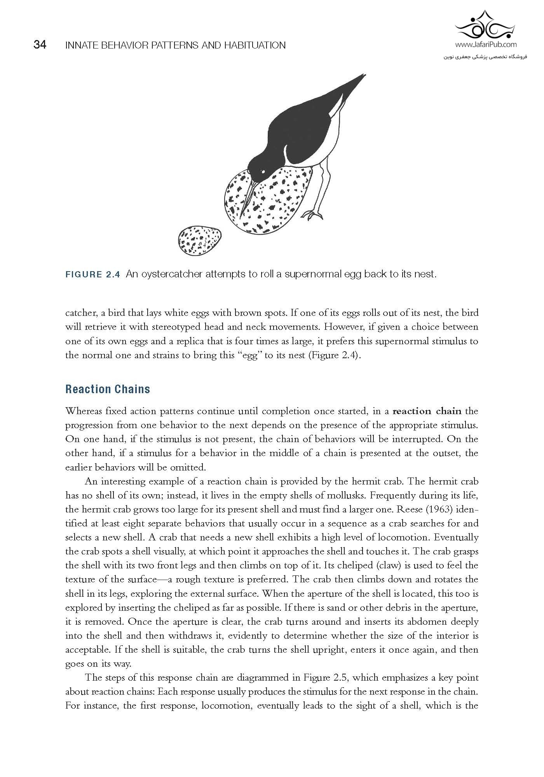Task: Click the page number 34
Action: click(x=40, y=45)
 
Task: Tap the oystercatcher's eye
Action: click(x=263, y=171)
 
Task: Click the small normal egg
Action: click(x=200, y=241)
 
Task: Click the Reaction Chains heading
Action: click(x=108, y=389)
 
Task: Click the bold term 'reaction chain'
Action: click(x=427, y=411)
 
